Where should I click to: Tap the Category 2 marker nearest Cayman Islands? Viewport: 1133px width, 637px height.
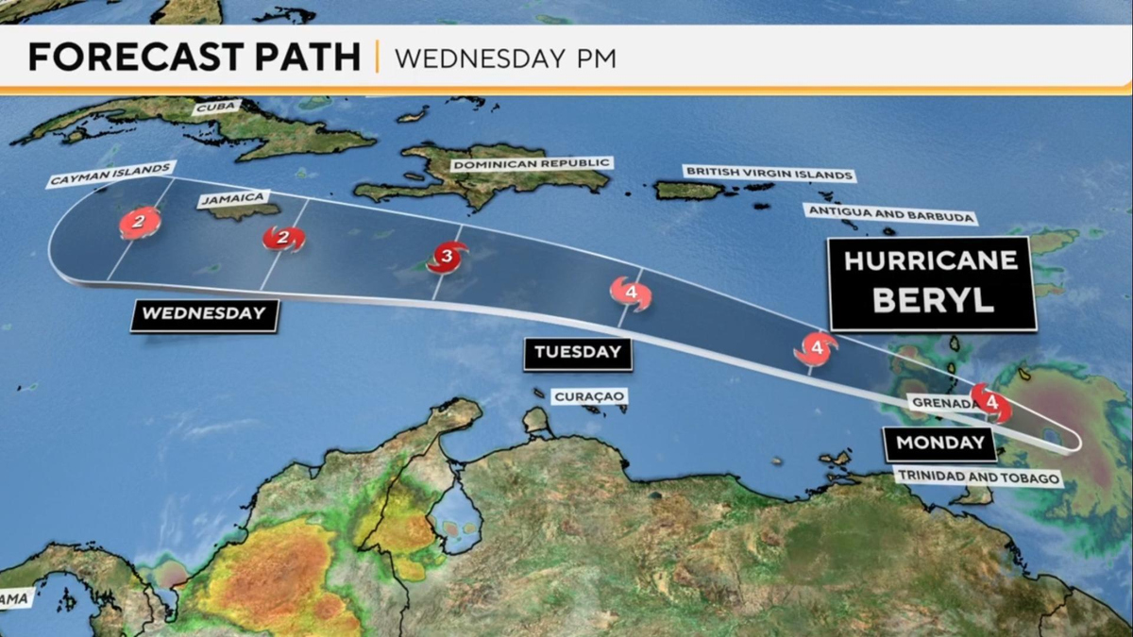(x=139, y=224)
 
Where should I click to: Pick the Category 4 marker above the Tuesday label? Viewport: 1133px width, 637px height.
(x=631, y=293)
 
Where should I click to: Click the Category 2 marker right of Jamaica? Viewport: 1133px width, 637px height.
(x=282, y=238)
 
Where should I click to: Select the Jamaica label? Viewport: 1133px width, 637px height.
(x=233, y=199)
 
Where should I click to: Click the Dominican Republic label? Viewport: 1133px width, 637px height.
(x=531, y=164)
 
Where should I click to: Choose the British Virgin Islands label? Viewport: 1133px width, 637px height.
(x=769, y=174)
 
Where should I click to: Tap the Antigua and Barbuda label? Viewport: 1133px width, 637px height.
(x=889, y=216)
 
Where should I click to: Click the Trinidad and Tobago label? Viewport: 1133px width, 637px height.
(x=977, y=478)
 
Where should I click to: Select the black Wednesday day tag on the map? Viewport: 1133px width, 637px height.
(x=205, y=314)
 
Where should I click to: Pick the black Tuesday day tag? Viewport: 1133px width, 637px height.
(x=578, y=353)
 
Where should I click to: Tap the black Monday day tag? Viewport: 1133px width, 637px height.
(x=939, y=443)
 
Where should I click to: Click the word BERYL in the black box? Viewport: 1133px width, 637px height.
(x=932, y=299)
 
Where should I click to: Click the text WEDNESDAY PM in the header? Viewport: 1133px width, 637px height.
(x=505, y=59)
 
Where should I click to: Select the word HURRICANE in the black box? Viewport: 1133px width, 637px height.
(x=931, y=260)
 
